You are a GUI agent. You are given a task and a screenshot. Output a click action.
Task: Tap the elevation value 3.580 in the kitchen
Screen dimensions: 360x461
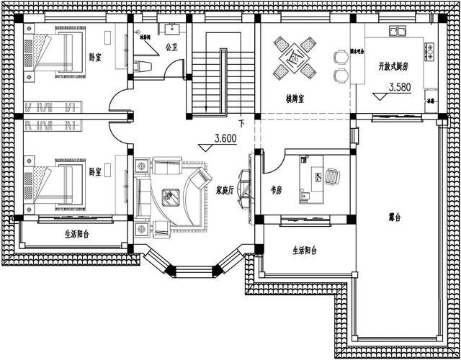[401, 88]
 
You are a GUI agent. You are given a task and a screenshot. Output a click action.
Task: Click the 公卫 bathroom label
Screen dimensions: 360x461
[171, 48]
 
